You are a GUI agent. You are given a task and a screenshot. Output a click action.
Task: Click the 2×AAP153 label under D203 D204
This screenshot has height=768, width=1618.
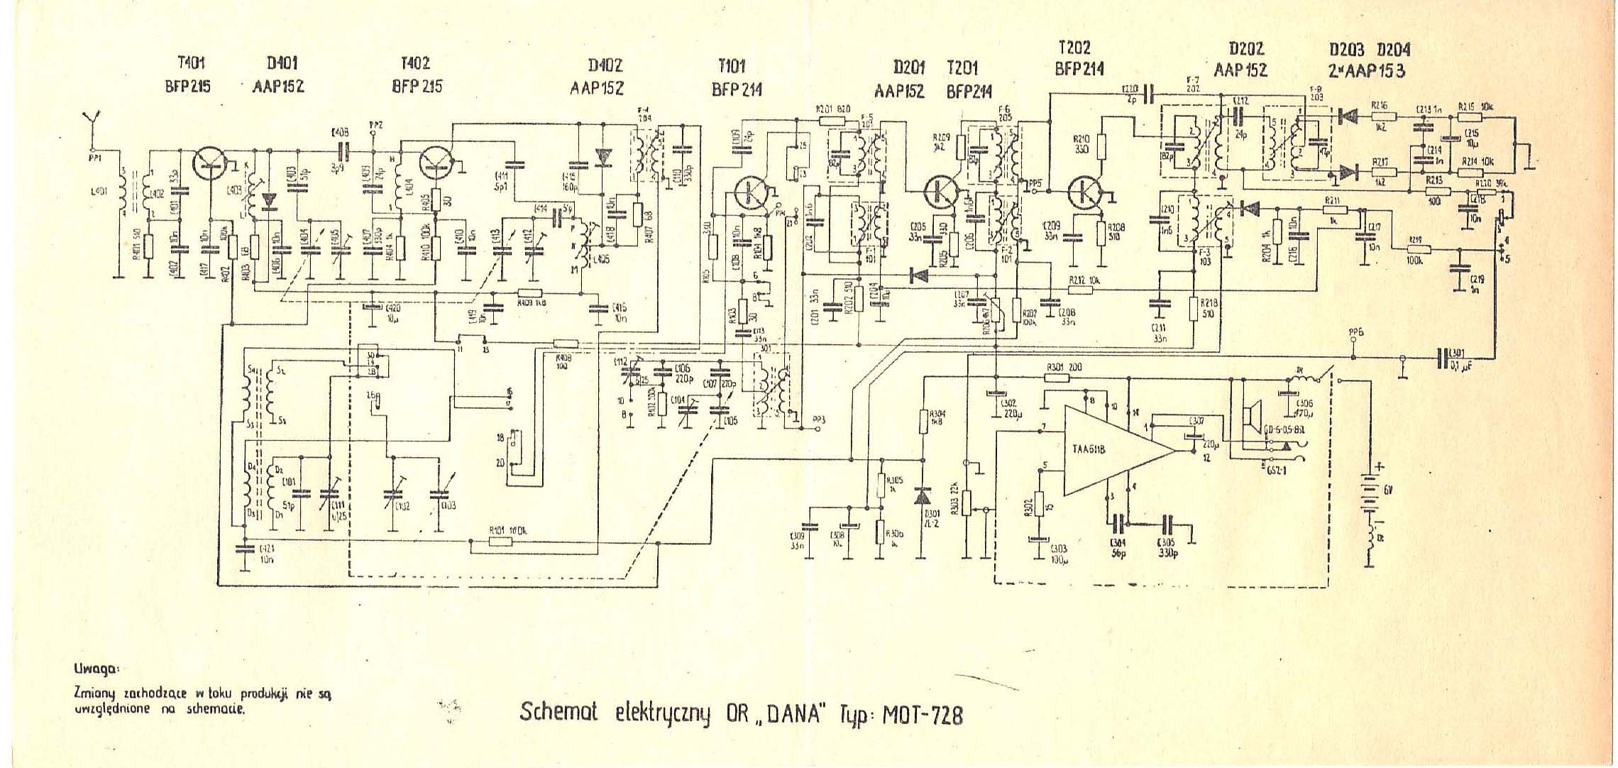click(1367, 70)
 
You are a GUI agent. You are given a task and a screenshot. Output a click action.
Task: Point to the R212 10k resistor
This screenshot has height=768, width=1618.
click(1082, 289)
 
